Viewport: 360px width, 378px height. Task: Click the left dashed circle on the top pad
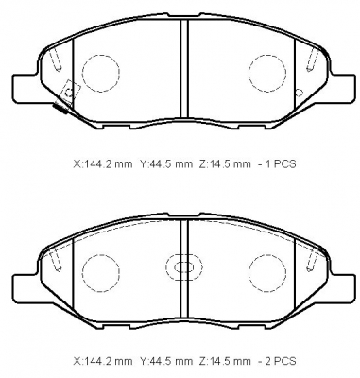click(x=82, y=73)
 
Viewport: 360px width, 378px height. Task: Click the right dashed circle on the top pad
click(x=249, y=73)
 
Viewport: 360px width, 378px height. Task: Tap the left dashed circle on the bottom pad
click(x=82, y=272)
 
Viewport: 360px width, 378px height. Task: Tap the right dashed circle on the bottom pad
click(x=249, y=272)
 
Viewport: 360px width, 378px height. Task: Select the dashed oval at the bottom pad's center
click(x=166, y=267)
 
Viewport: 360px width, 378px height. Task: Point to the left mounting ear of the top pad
click(x=26, y=89)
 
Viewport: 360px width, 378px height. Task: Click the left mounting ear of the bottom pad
click(x=26, y=288)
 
